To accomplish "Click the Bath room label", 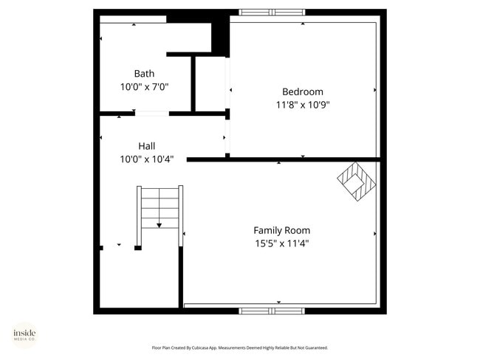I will [144, 73].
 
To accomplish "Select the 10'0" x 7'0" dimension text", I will [144, 86].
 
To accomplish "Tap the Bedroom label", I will [303, 91].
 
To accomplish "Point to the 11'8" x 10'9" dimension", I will [303, 105].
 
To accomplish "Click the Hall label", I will [146, 146].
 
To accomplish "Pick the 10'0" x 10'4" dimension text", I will [146, 159].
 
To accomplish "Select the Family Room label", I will [281, 230].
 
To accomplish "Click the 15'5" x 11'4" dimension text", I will [281, 243].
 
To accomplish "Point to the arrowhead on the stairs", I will [160, 225].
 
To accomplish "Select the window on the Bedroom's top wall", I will [272, 13].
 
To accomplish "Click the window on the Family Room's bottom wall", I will [272, 311].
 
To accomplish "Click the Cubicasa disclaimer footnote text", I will [239, 347].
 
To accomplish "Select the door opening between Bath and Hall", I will [152, 114].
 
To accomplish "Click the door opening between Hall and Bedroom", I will [227, 136].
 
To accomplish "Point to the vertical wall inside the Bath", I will [193, 83].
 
